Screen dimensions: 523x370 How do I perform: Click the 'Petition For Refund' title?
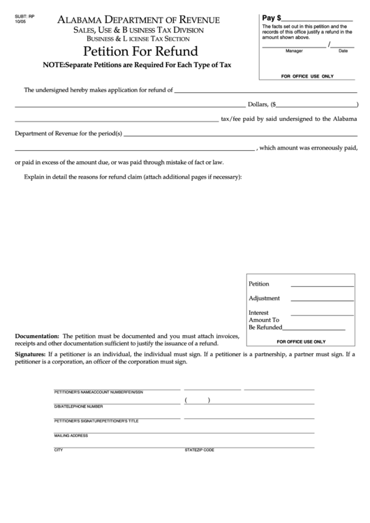[140, 52]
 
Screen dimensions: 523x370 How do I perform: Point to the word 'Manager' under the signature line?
[294, 51]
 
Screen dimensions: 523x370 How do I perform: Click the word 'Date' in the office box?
[343, 51]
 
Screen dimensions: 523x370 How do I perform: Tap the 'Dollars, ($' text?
[259, 104]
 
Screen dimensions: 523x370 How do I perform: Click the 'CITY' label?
[59, 450]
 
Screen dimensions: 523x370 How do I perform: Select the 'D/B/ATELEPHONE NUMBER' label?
[78, 406]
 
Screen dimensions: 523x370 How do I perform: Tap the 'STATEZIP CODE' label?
[200, 450]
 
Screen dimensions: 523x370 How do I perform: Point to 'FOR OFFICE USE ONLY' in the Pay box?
[307, 75]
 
